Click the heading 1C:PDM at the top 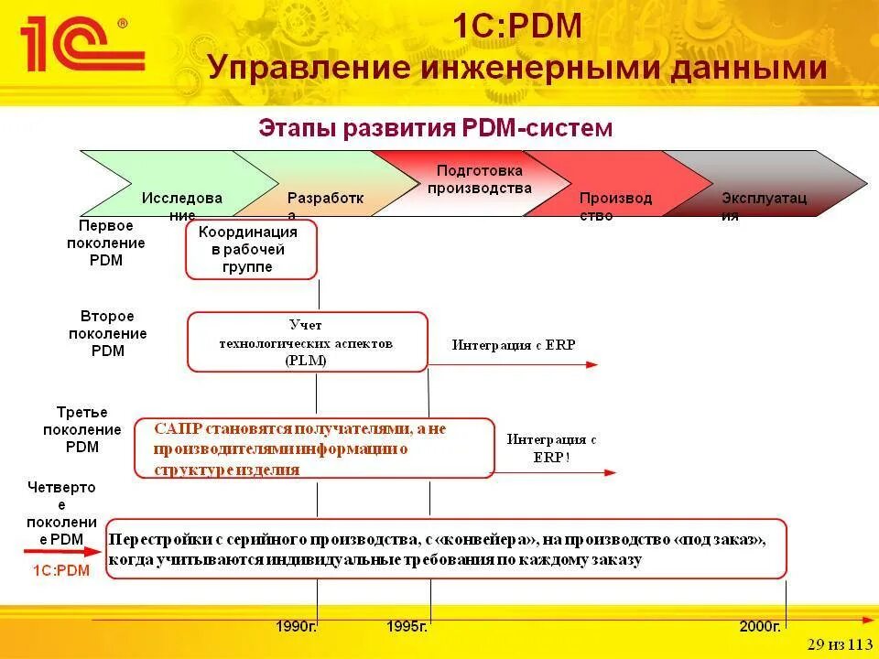pos(517,26)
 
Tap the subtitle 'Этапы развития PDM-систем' pos(436,127)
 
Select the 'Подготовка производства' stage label pos(479,179)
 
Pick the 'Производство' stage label pos(615,207)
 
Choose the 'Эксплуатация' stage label pos(764,207)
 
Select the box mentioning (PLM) pos(307,342)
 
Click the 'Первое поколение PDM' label pos(106,243)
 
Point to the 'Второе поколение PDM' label pos(107,334)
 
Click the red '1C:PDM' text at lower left pos(61,570)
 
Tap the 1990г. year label pos(297,627)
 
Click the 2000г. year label pos(760,627)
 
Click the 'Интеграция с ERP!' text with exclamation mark pos(551,448)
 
